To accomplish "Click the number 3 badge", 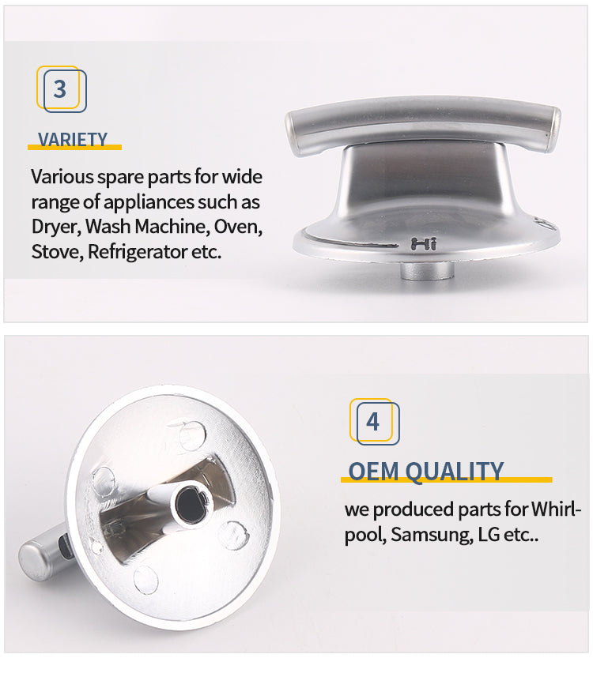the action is coord(61,89).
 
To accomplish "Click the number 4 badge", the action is coord(374,422).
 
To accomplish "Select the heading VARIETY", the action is coord(73,140).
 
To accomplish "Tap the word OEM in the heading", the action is coord(373,472).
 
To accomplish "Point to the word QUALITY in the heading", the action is coord(454,472).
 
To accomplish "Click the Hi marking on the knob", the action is coord(424,244).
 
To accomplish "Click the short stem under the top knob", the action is coord(427,270).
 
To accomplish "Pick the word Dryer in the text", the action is coord(56,227).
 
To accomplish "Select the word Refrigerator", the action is coord(137,251).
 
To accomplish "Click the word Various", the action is coord(62,177).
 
